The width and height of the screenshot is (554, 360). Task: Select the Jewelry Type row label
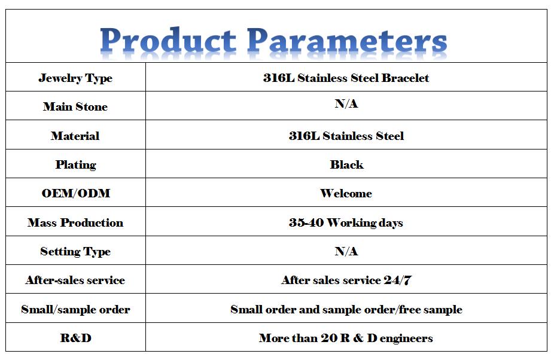(x=75, y=78)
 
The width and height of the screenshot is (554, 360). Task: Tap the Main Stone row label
(x=75, y=106)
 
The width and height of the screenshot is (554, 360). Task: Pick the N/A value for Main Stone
(x=346, y=103)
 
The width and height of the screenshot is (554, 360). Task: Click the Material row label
(x=75, y=136)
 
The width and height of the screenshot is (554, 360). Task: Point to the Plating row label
(x=75, y=165)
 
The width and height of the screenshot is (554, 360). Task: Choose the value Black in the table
(x=346, y=164)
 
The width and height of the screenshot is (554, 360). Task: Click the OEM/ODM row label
(x=76, y=193)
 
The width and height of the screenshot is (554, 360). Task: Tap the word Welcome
(x=346, y=194)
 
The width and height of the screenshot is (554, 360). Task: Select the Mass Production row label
(x=75, y=222)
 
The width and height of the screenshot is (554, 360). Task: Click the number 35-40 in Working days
(x=306, y=222)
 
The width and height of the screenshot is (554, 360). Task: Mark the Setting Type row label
(x=75, y=252)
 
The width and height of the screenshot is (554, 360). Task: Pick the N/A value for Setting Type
(x=346, y=251)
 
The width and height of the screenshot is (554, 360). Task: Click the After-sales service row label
(x=75, y=280)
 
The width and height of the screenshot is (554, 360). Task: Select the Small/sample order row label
(x=75, y=310)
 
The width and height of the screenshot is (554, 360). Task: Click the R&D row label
(x=75, y=338)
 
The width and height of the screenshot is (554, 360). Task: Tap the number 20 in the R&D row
(x=329, y=338)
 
